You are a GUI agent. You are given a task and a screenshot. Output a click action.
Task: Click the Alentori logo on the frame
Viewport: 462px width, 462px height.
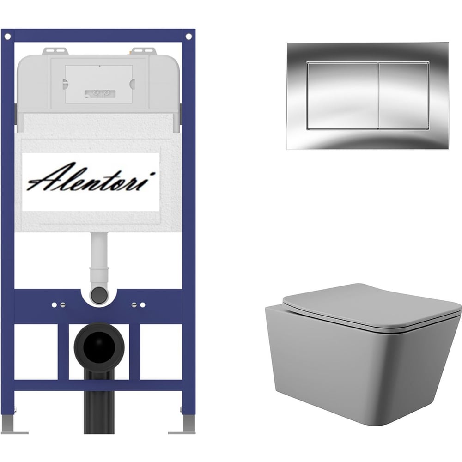pos(91,177)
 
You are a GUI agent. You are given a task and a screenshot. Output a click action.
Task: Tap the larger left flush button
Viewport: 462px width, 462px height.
pos(342,96)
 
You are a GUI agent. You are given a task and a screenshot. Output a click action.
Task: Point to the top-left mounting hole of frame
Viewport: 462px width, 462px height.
pos(8,36)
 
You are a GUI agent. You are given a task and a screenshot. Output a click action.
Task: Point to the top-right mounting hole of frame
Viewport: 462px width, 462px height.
pos(188,36)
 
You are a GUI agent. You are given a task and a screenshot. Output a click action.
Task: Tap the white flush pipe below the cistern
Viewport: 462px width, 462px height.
pos(99,259)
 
